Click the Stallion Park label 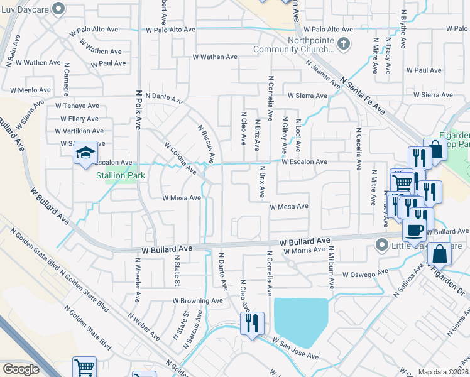tap(121, 176)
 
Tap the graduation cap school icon tap(85, 153)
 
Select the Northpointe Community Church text tap(293, 44)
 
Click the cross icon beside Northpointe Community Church tap(343, 45)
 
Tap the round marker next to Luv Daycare tap(59, 8)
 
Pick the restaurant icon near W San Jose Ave tap(252, 323)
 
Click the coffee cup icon tap(415, 230)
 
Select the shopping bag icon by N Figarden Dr tap(440, 254)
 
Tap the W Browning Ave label tap(198, 301)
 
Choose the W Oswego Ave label tap(366, 275)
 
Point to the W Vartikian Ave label tap(77, 131)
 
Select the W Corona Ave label tap(180, 158)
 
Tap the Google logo tap(21, 369)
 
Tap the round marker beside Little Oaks tap(380, 244)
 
